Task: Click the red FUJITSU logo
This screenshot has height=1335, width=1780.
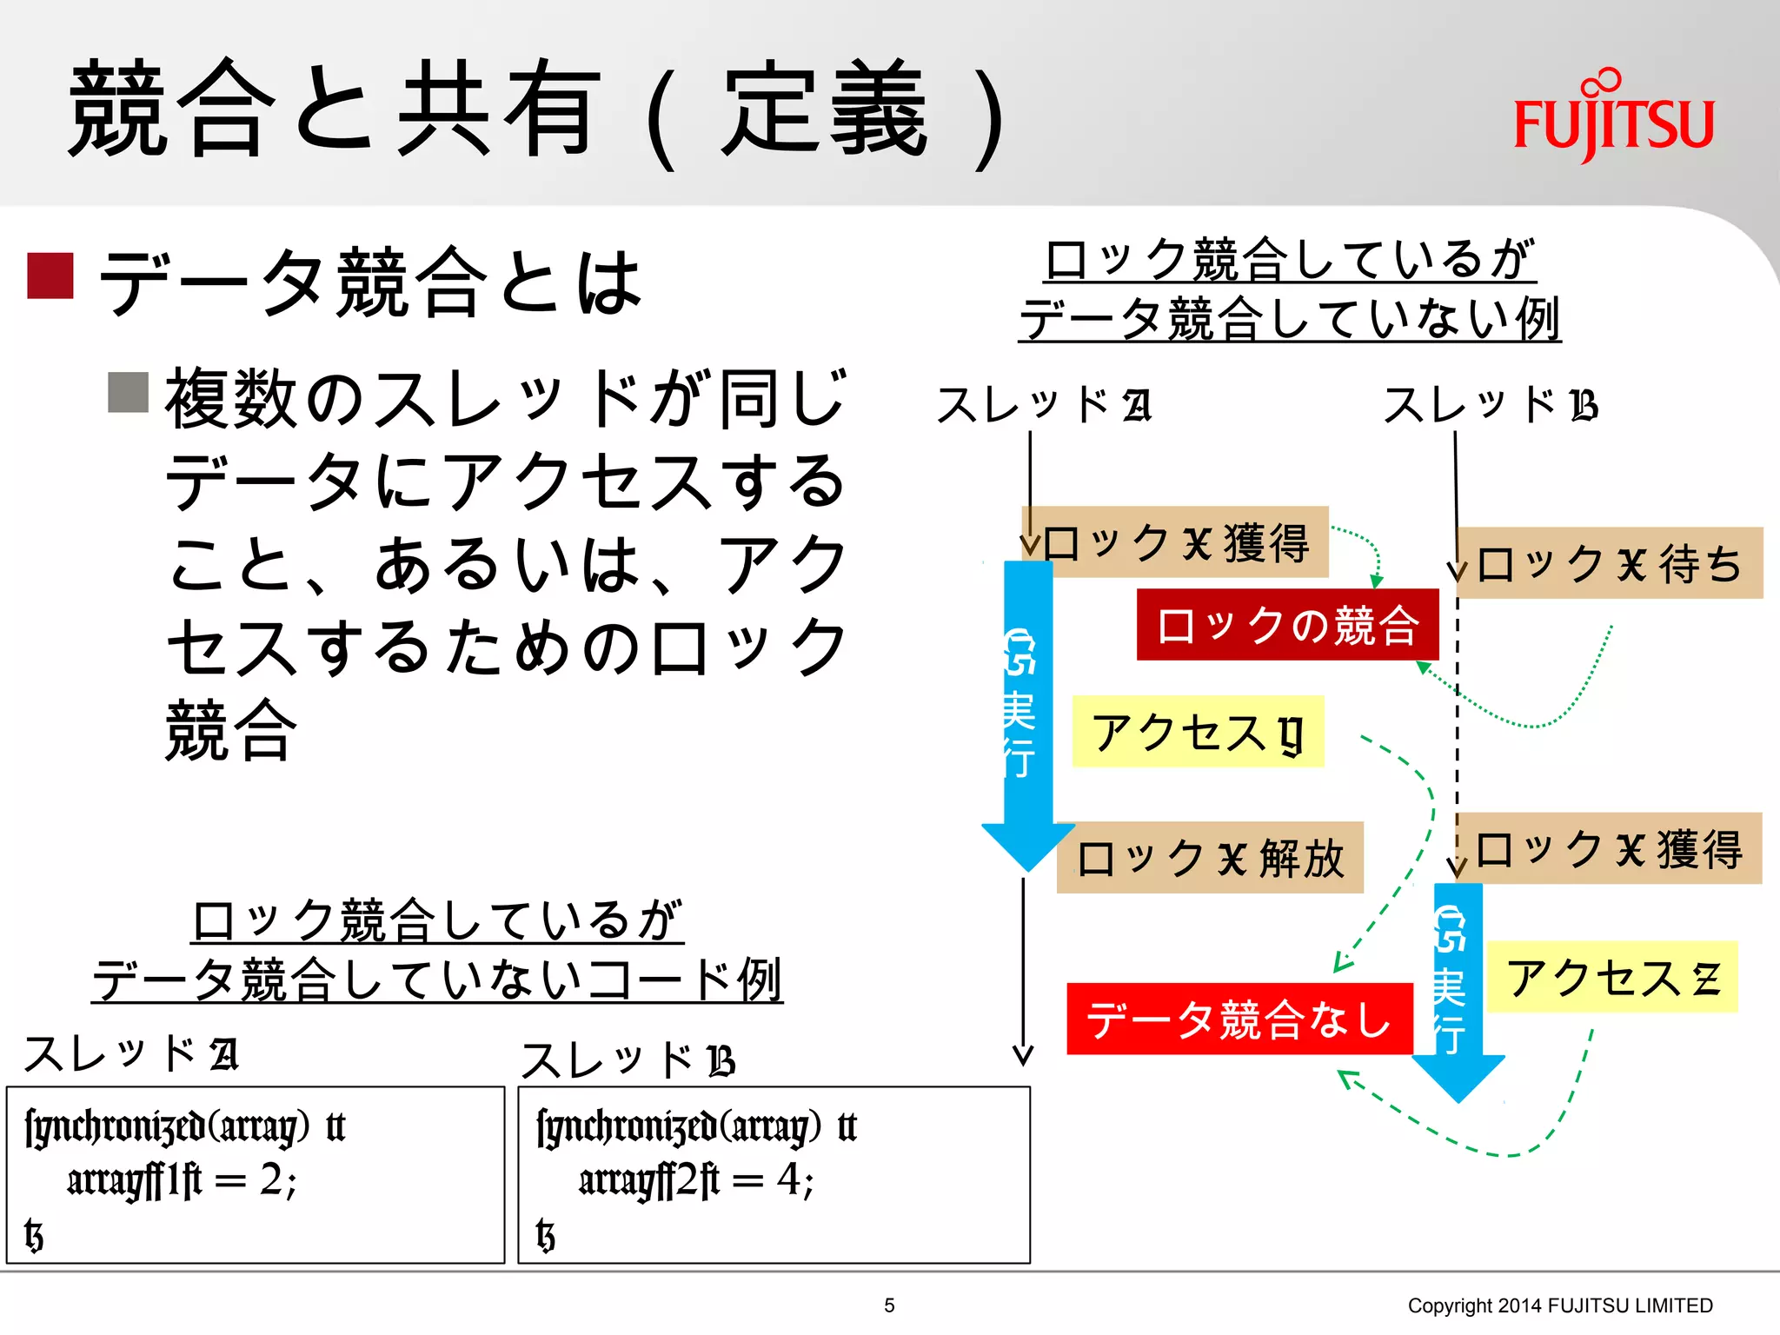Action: [x=1613, y=120]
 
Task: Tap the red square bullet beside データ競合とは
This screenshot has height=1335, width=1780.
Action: [x=50, y=276]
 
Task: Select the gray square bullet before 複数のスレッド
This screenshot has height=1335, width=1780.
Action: [x=128, y=392]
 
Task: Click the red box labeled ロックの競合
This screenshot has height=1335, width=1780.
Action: [x=1287, y=625]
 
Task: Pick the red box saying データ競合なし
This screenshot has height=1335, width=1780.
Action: [x=1239, y=1019]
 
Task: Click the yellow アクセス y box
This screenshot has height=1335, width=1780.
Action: [x=1198, y=732]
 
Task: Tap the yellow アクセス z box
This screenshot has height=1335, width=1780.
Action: [x=1611, y=977]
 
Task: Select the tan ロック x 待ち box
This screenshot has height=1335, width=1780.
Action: [x=1610, y=563]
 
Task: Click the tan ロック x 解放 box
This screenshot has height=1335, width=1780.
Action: [x=1210, y=858]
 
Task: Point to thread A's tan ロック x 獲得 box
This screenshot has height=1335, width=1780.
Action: [x=1175, y=542]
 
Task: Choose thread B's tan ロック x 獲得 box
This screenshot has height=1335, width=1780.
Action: [x=1609, y=849]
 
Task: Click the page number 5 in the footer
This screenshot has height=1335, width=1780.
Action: [x=889, y=1305]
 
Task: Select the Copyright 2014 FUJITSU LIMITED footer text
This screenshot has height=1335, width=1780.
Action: [x=1560, y=1305]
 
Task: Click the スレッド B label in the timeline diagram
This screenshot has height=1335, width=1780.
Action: [x=1490, y=405]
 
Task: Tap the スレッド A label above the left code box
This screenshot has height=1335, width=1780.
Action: [x=130, y=1054]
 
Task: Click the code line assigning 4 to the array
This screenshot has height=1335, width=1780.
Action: [x=696, y=1180]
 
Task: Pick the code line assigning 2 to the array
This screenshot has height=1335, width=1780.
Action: [x=183, y=1180]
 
